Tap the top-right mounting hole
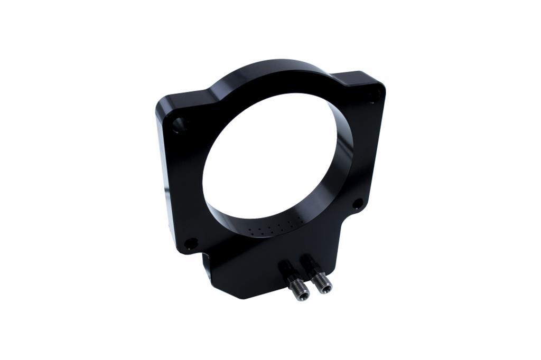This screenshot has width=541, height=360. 375,96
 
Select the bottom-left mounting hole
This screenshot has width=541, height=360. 191,243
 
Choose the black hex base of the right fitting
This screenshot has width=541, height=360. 309,263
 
